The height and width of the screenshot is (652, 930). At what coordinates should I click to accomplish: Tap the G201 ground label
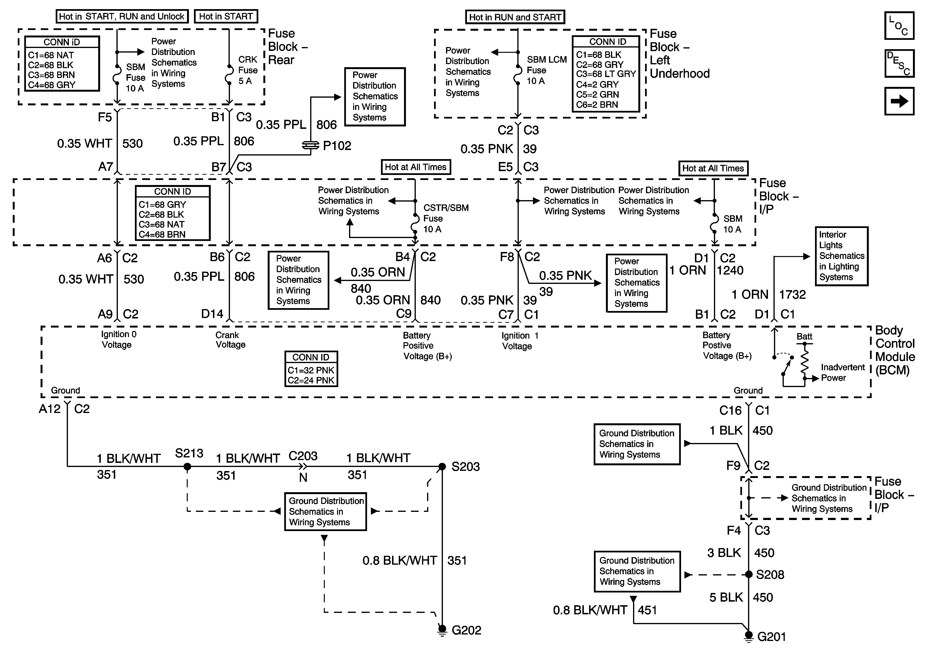click(771, 637)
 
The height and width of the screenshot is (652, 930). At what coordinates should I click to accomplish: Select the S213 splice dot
click(187, 467)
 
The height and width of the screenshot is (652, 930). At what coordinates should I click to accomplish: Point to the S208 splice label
click(770, 575)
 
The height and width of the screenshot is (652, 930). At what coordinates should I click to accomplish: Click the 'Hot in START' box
click(226, 17)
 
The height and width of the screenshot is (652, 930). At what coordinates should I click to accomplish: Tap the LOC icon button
click(899, 25)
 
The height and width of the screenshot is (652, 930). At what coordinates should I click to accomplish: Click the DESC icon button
click(899, 63)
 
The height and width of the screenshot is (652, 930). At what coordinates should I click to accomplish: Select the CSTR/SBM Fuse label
click(446, 218)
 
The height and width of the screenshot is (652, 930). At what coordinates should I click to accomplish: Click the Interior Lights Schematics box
click(841, 256)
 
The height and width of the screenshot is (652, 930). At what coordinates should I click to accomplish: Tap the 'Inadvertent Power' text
click(843, 373)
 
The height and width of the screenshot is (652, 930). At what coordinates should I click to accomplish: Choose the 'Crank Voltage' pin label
click(230, 340)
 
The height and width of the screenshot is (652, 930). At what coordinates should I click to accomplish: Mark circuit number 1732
click(792, 294)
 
